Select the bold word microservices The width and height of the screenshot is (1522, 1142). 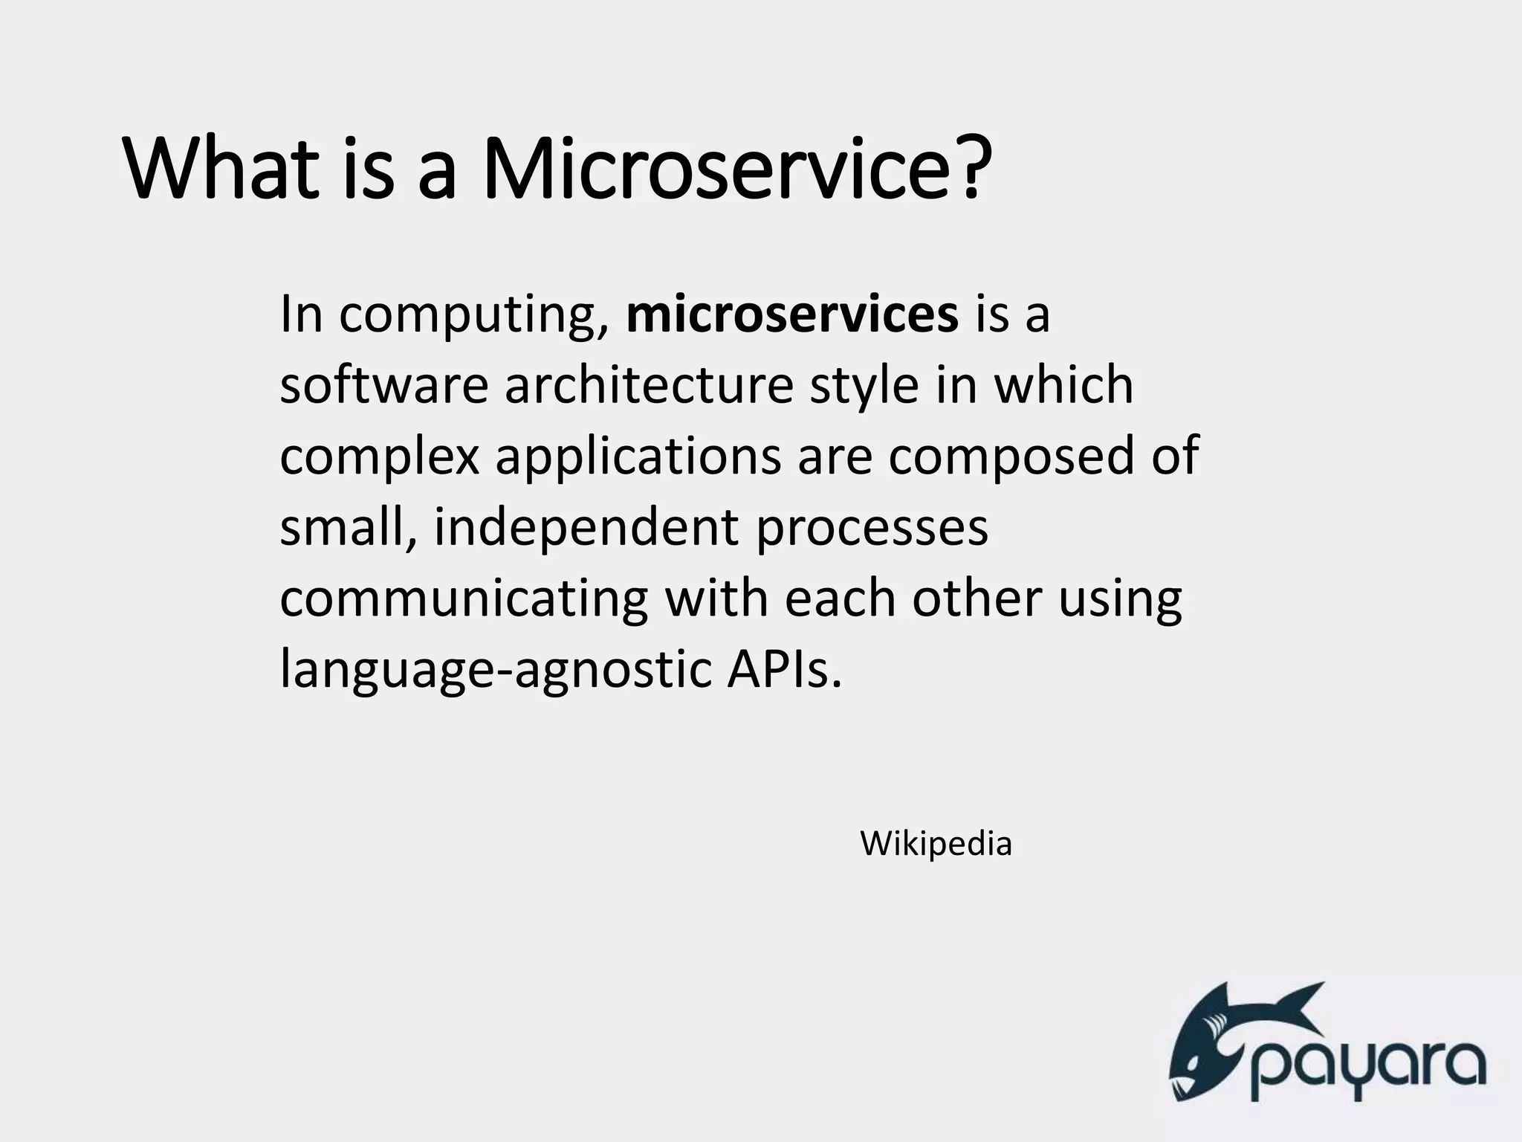click(792, 314)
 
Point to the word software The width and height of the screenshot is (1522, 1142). click(383, 386)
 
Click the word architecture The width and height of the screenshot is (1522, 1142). click(649, 386)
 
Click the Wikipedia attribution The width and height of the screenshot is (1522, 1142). click(936, 844)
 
